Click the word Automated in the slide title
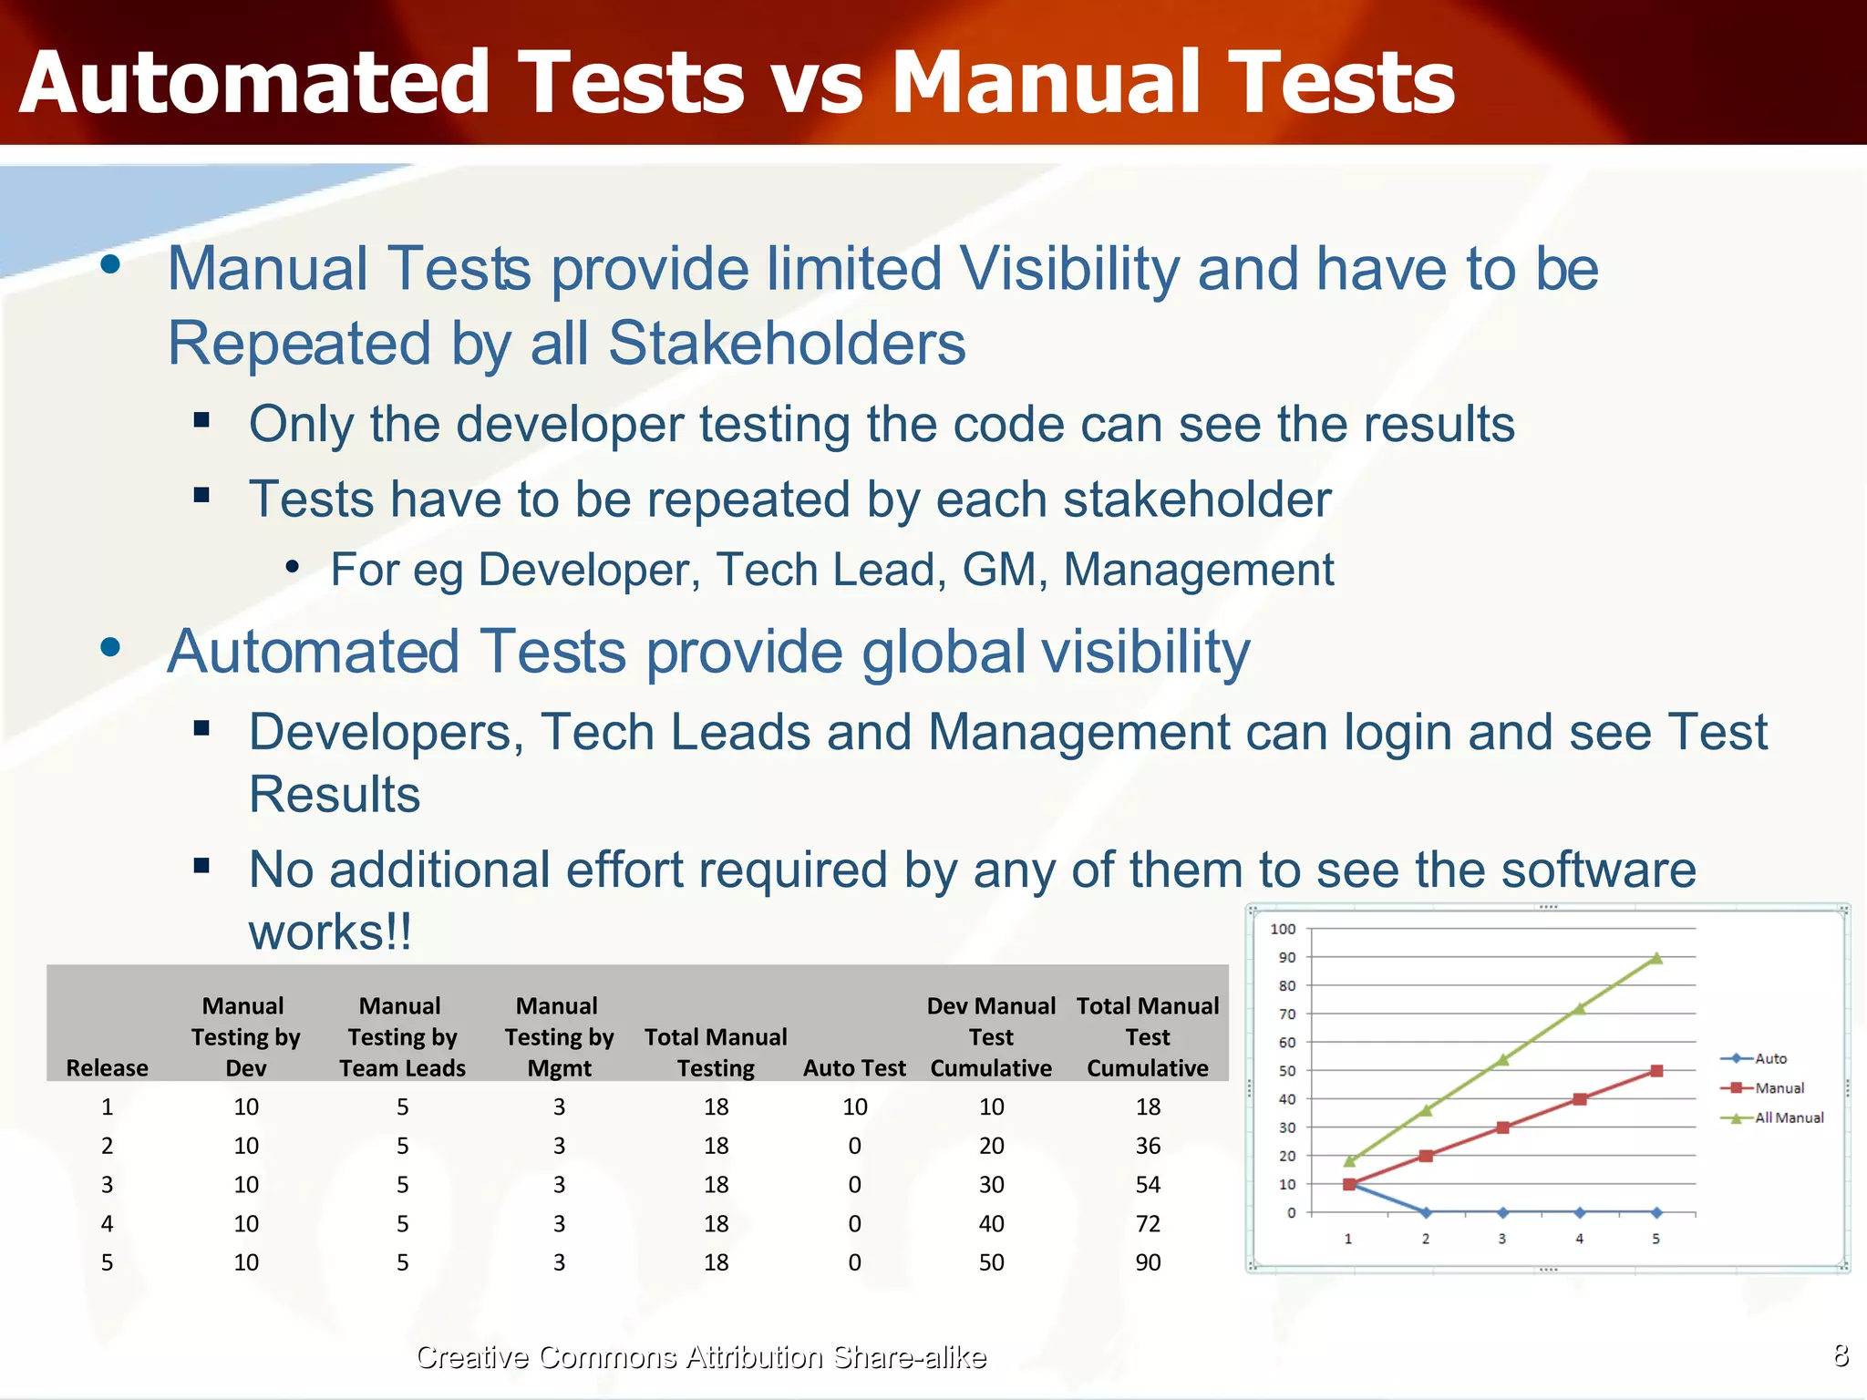[x=254, y=84]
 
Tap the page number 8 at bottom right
[x=1841, y=1355]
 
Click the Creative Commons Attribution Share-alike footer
[x=700, y=1357]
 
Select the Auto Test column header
[x=854, y=1068]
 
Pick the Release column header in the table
[x=107, y=1068]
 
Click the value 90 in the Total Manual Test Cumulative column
[x=1148, y=1262]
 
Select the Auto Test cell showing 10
[x=854, y=1107]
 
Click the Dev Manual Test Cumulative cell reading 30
[x=991, y=1185]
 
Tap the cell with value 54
[x=1148, y=1185]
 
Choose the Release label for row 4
[x=107, y=1224]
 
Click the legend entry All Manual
[x=1789, y=1117]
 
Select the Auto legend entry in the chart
[x=1770, y=1058]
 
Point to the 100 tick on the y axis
[x=1283, y=929]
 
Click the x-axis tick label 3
[x=1502, y=1239]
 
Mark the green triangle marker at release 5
[x=1656, y=958]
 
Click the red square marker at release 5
[x=1656, y=1071]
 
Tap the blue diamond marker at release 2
[x=1426, y=1212]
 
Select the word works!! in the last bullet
[x=330, y=932]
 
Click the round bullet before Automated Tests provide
[x=111, y=648]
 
